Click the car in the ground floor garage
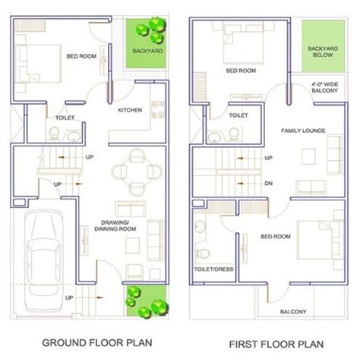point(44,261)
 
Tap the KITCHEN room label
point(130,110)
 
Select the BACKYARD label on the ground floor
point(147,51)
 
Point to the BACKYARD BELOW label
point(323,52)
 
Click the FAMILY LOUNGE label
point(303,131)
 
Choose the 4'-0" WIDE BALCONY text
point(325,87)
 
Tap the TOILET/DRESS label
point(213,269)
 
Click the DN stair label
point(268,184)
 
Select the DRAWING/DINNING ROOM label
point(115,226)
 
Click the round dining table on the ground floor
point(137,172)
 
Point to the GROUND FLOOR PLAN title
point(97,343)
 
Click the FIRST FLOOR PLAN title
point(276,345)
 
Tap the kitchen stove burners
point(158,109)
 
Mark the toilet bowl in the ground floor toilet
point(54,133)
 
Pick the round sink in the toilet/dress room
point(200,226)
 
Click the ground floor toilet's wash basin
point(74,137)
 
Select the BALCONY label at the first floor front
point(293,312)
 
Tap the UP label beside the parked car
point(69,297)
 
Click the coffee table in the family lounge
point(308,156)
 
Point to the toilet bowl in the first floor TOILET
point(234,134)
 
